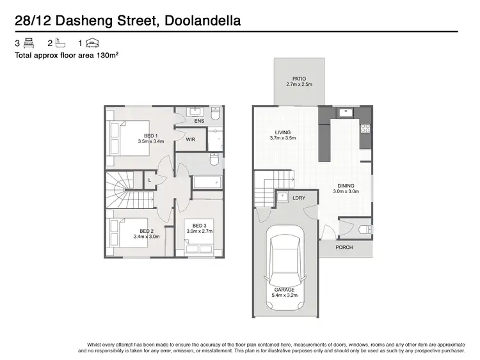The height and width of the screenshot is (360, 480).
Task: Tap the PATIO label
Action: point(298,78)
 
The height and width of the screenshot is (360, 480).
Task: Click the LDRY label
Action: point(298,198)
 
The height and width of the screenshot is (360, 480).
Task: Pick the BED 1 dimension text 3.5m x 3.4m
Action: point(151,141)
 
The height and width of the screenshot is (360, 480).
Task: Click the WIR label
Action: point(191,139)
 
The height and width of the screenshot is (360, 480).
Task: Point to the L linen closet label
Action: point(149,180)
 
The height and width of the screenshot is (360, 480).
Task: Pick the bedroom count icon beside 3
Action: point(29,43)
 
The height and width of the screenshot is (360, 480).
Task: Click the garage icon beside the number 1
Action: point(93,43)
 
